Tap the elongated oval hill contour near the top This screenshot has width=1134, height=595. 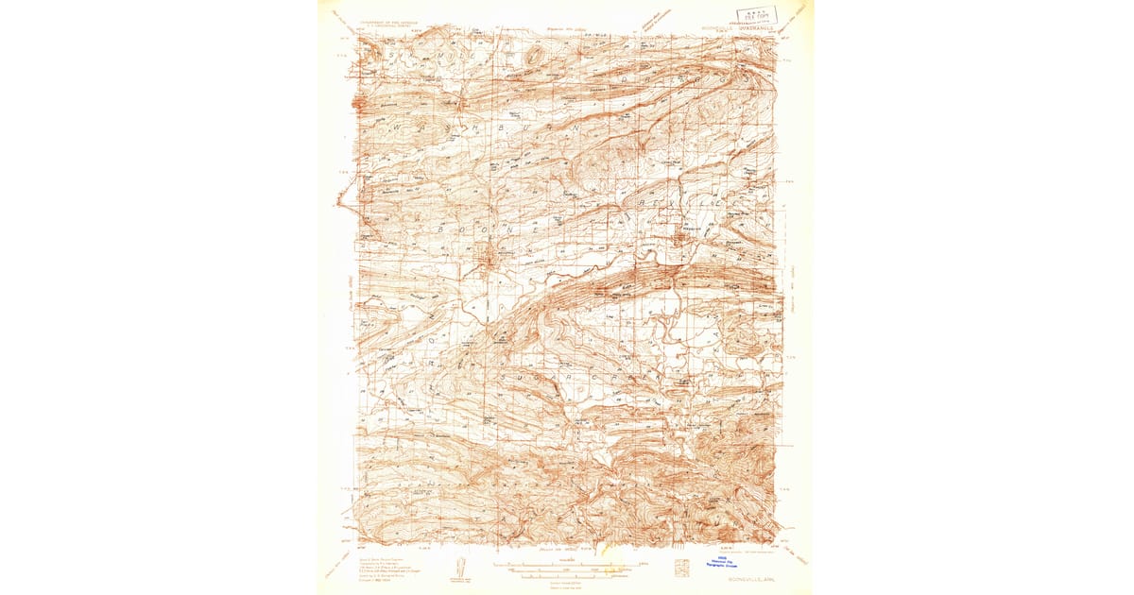point(535,57)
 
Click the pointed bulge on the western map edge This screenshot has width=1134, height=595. point(337,199)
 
